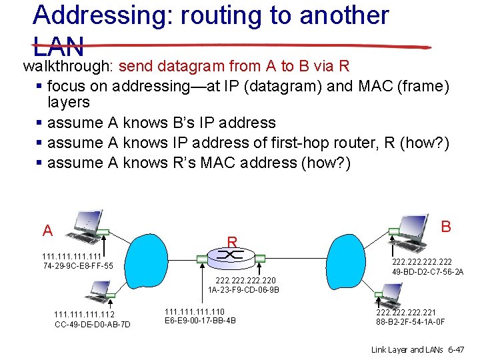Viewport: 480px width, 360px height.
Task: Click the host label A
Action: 47,231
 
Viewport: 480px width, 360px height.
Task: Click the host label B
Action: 446,227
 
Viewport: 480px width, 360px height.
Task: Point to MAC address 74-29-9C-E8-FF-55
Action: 77,266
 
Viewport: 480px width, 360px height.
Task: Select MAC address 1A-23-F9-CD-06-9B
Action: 243,290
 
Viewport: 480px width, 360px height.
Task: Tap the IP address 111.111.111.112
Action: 84,315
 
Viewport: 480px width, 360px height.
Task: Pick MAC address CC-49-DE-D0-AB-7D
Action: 92,324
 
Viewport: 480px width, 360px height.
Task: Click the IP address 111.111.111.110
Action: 194,311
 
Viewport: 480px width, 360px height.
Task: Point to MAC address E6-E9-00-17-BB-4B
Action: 199,321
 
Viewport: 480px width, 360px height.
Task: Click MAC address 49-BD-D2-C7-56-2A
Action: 428,272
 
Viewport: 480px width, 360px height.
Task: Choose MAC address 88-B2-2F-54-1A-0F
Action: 410,322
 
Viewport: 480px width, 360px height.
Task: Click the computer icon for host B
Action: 413,227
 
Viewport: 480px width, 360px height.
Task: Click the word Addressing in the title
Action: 97,15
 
